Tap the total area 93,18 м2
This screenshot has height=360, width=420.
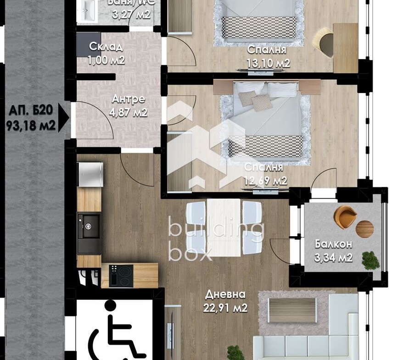click(31, 125)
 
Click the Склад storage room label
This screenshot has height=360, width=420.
click(106, 47)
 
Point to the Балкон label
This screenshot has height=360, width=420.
click(333, 244)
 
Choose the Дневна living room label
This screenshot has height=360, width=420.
click(225, 294)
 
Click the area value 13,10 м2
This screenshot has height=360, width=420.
click(269, 63)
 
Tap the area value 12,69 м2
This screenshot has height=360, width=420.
click(266, 181)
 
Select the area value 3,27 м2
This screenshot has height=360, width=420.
click(131, 14)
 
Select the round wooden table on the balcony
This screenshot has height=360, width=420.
click(364, 229)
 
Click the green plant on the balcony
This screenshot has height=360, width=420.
click(370, 260)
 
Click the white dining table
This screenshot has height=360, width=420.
click(224, 227)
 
